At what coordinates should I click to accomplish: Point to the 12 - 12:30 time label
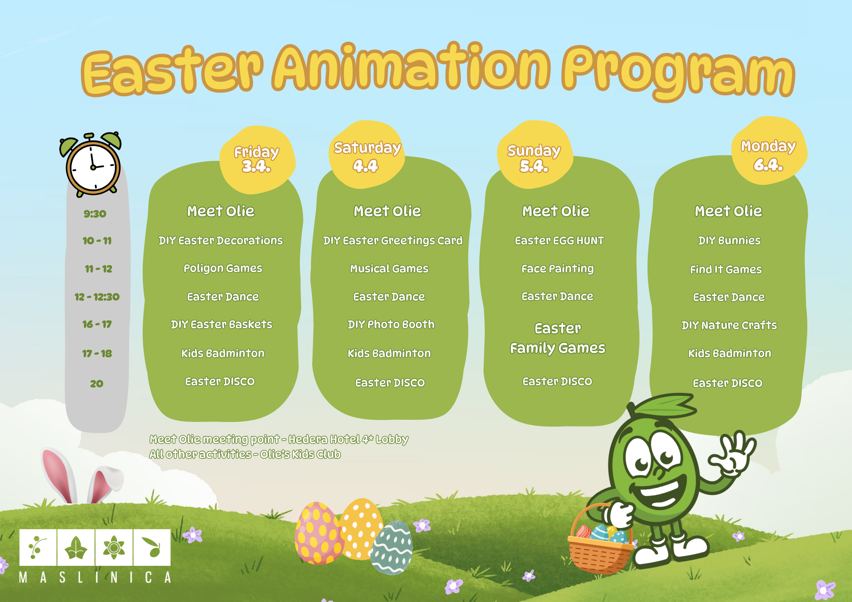click(x=97, y=297)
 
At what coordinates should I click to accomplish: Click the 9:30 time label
click(x=95, y=214)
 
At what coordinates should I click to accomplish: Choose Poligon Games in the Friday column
click(x=223, y=269)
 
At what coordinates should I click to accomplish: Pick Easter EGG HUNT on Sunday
click(x=559, y=241)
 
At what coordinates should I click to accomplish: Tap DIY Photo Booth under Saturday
click(x=391, y=324)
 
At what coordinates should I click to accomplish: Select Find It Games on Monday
click(x=726, y=269)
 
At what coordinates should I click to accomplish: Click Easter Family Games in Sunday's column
click(x=558, y=338)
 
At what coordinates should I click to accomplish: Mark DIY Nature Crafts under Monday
click(x=729, y=325)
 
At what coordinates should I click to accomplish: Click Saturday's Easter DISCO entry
click(x=390, y=383)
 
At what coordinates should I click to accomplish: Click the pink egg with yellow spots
click(x=318, y=533)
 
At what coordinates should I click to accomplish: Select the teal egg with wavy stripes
click(x=391, y=548)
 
